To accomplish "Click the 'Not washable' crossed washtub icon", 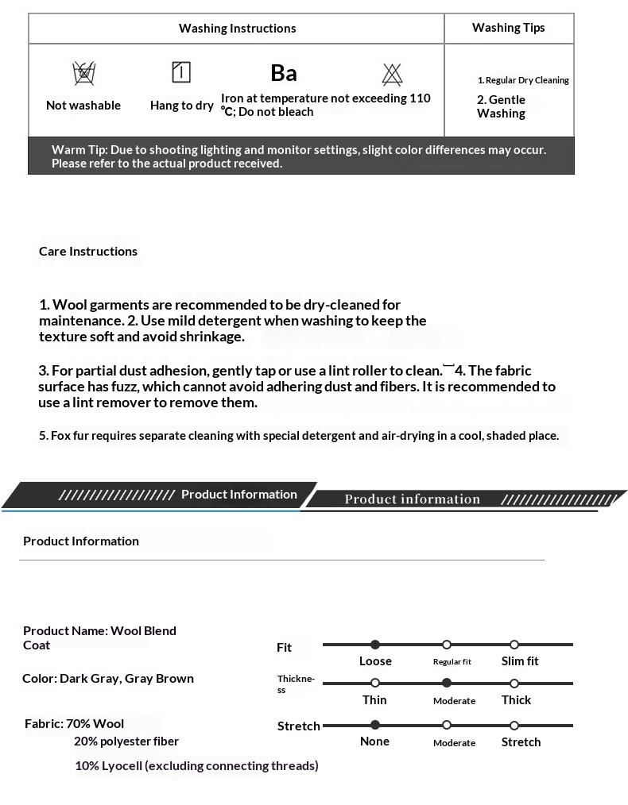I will (x=83, y=74).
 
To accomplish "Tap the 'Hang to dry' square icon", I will (x=181, y=73).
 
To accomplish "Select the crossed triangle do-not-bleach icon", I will (x=392, y=74).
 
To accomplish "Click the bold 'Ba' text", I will (x=284, y=73).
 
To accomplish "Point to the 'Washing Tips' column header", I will (x=509, y=28).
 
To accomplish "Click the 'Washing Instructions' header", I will (x=237, y=29).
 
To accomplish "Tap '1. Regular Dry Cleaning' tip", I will (x=523, y=80).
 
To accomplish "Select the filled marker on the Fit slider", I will (x=375, y=645).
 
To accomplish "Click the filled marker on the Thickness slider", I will (x=447, y=683).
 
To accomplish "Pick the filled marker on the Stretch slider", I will (x=375, y=725).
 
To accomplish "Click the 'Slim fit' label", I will (x=520, y=661).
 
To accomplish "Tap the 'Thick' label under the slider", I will (x=516, y=700).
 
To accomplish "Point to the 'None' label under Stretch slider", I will (x=374, y=741).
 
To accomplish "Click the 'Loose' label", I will (x=375, y=661).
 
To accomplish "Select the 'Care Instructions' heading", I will (x=88, y=252).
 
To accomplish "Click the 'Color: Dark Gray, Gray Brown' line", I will (x=108, y=679).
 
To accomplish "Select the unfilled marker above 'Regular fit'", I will (x=447, y=645).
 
